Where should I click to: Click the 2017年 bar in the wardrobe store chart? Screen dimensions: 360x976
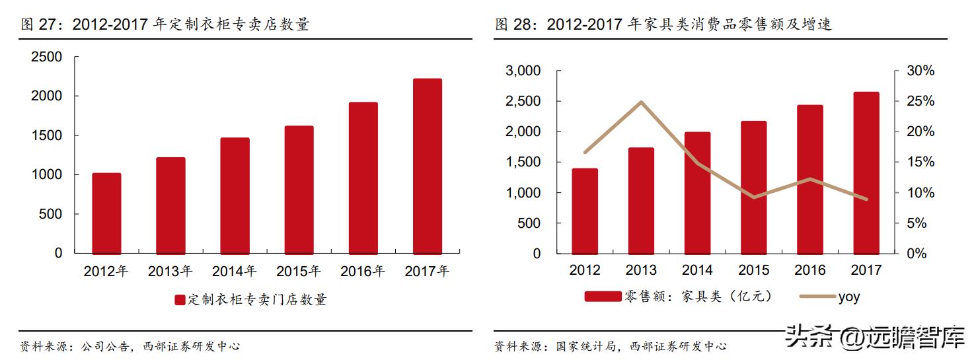pos(427,166)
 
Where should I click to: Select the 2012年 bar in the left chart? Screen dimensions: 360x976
pos(106,213)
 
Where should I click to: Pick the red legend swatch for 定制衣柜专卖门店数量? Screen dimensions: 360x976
pos(180,300)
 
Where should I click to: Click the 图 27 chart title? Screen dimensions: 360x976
pos(165,25)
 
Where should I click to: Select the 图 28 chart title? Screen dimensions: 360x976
pos(663,25)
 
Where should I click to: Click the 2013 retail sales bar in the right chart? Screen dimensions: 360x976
pos(641,201)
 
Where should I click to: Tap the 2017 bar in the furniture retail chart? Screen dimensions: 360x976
pos(866,173)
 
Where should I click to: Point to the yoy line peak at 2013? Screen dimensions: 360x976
pos(641,102)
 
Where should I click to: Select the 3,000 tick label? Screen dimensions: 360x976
pos(523,71)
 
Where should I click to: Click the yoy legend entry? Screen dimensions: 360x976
pos(830,297)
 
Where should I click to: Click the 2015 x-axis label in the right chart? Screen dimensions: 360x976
pos(753,270)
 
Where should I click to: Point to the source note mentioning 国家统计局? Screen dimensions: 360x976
pos(611,345)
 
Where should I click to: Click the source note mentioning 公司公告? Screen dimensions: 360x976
pos(130,345)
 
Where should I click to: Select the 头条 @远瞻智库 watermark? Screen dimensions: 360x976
pos(876,338)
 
